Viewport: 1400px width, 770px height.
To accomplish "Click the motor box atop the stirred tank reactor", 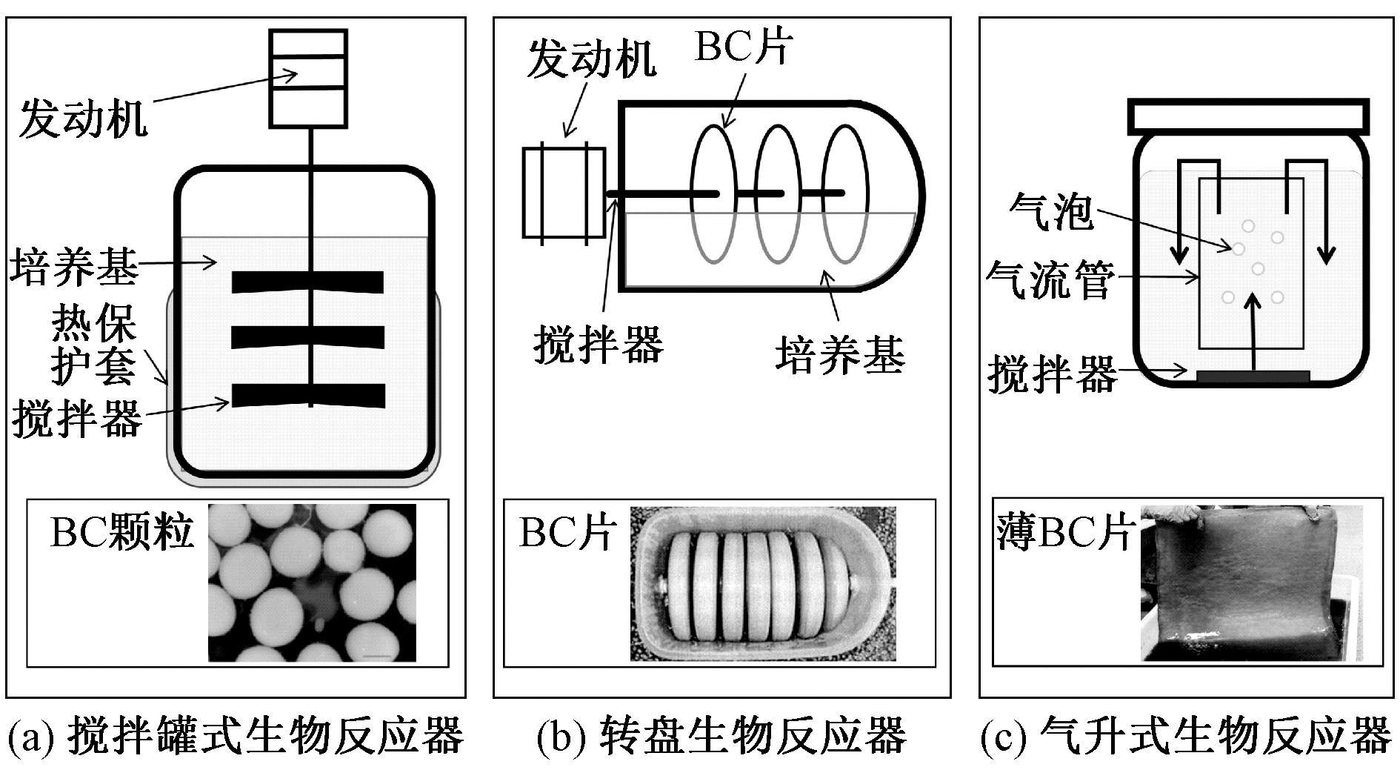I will click(307, 78).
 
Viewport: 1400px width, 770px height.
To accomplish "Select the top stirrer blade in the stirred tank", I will click(307, 282).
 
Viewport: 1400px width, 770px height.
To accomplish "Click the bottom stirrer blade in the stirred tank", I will click(307, 396).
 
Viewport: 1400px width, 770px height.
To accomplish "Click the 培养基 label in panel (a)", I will click(74, 267).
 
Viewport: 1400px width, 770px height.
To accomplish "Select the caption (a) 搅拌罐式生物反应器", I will click(236, 735).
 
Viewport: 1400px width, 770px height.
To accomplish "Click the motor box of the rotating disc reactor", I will click(564, 193).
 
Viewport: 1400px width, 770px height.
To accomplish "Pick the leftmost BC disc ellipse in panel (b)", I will click(714, 194).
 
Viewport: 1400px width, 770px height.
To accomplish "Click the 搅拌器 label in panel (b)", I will click(598, 345).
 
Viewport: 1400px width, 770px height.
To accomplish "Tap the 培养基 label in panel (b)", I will click(840, 354).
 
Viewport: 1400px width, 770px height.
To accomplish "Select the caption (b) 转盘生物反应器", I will click(721, 735).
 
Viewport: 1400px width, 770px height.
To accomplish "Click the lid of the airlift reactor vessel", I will click(1248, 116).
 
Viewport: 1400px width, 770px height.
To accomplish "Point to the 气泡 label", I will click(1051, 213).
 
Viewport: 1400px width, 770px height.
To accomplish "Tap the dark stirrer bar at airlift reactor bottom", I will click(1253, 377).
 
